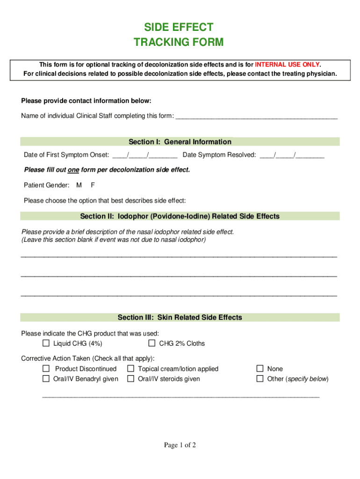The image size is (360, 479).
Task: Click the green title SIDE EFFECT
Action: (x=179, y=27)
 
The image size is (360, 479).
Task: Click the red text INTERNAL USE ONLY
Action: (x=287, y=65)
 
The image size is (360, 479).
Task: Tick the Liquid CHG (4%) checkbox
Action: (x=46, y=343)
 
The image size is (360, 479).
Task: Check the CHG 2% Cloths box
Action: (x=152, y=343)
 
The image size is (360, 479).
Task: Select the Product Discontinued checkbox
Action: (x=46, y=369)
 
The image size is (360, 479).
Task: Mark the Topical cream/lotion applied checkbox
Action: (x=130, y=369)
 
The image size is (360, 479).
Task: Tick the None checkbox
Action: (x=260, y=369)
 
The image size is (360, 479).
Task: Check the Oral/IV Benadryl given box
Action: (x=46, y=378)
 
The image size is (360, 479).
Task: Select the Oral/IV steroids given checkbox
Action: (x=130, y=378)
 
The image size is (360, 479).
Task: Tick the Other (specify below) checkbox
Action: (x=260, y=378)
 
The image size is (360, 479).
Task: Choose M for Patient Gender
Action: (x=79, y=185)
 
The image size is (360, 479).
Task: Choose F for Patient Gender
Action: (x=93, y=185)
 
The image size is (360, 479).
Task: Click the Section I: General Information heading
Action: (x=180, y=142)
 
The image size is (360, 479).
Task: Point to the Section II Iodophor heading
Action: (x=180, y=216)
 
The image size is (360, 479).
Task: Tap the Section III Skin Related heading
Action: (x=180, y=318)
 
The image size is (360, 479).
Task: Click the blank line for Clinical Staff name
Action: (x=256, y=116)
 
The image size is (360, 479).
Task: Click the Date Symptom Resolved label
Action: (x=219, y=155)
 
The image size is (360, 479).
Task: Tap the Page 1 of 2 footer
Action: (x=180, y=445)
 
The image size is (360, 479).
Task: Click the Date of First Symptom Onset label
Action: (x=66, y=155)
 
